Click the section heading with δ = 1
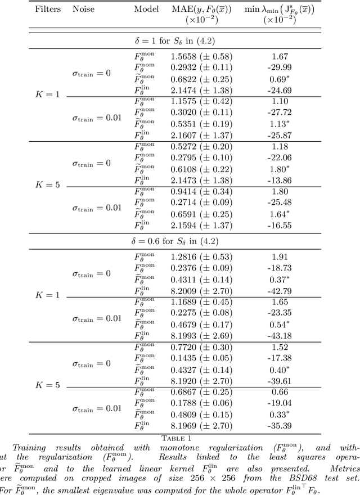[179, 41]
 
